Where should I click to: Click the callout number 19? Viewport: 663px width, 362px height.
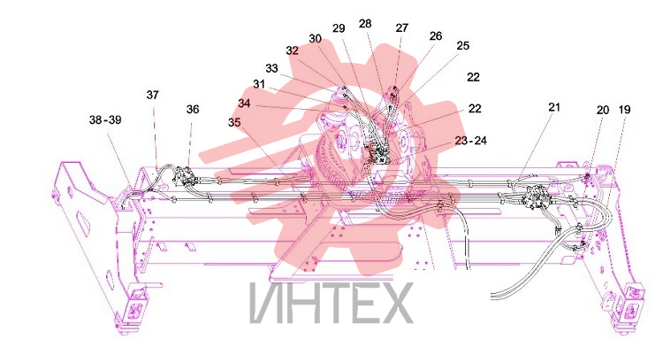624,110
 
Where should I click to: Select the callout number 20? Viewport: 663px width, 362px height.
603,110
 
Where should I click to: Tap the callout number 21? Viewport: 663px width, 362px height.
554,107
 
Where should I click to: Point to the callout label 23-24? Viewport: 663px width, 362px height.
471,140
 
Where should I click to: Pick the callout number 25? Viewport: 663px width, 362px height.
463,45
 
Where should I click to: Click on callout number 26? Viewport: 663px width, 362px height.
436,36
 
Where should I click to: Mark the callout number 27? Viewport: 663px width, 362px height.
401,27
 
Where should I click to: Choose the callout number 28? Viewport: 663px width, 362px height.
365,23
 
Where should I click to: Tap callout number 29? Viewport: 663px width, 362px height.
339,28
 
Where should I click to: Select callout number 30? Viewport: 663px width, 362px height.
315,39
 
